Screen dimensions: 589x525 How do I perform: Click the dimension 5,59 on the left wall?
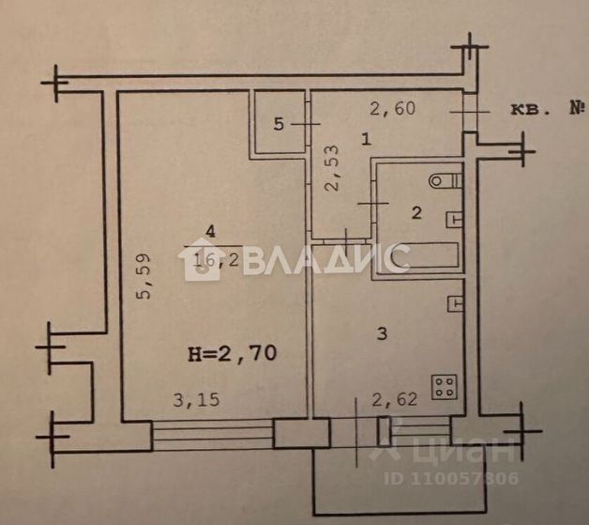pyautogui.click(x=143, y=279)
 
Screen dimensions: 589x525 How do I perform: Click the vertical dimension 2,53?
pyautogui.click(x=330, y=169)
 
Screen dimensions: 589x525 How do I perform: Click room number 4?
pyautogui.click(x=210, y=230)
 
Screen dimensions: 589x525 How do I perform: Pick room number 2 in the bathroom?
pyautogui.click(x=416, y=213)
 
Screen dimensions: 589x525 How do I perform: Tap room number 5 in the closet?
pyautogui.click(x=278, y=123)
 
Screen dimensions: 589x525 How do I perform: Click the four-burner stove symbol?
pyautogui.click(x=444, y=386)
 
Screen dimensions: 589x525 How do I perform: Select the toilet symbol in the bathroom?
pyautogui.click(x=443, y=178)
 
